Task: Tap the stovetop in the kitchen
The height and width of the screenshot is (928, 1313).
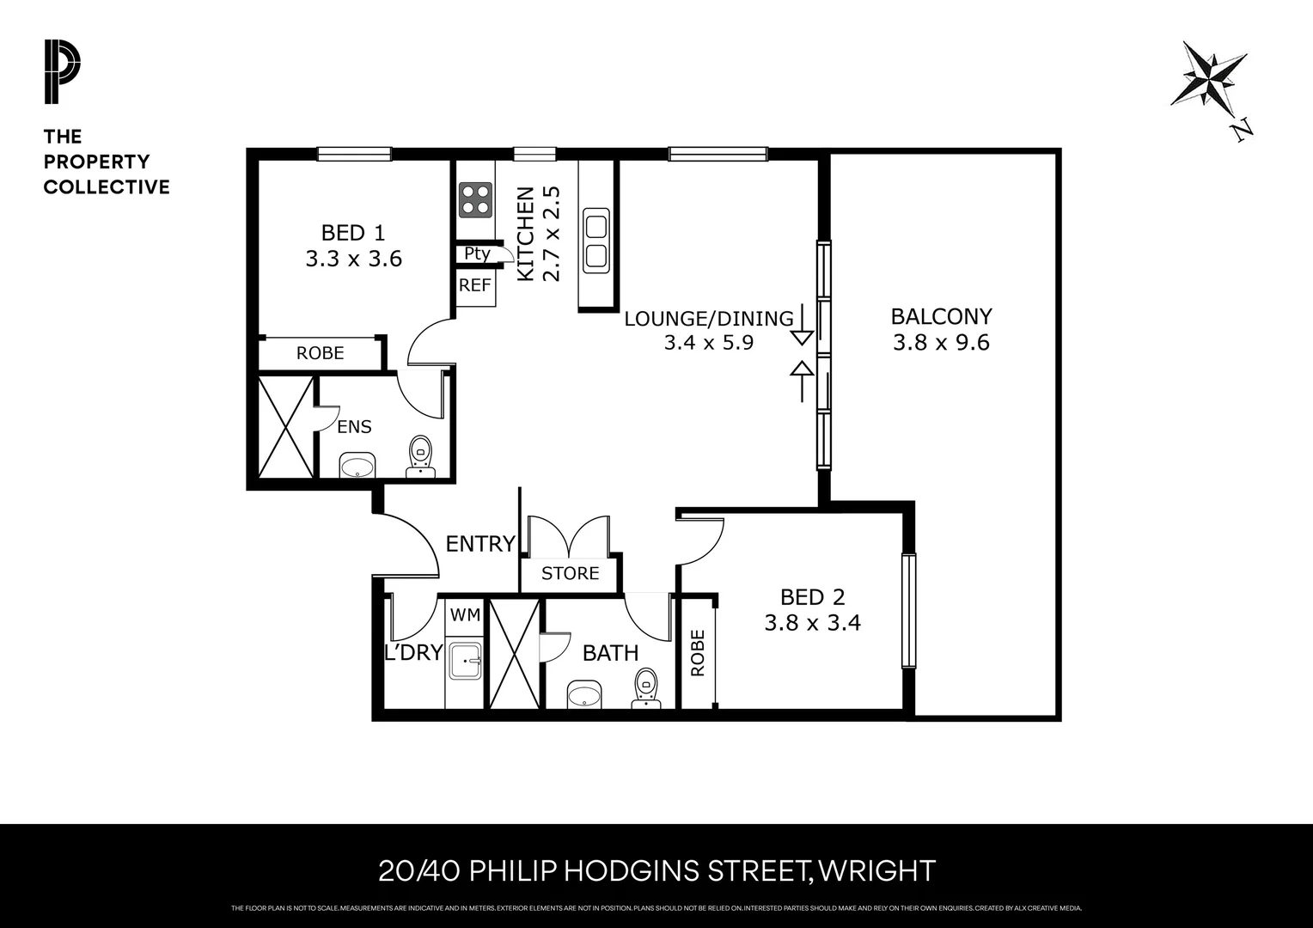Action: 475,199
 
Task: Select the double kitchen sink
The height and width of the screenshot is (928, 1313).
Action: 595,239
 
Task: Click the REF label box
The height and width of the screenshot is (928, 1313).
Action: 475,285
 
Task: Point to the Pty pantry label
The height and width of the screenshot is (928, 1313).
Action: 477,253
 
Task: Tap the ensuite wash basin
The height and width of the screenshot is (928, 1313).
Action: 357,467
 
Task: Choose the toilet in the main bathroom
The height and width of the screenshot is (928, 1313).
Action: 646,689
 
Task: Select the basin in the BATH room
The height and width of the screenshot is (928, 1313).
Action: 585,693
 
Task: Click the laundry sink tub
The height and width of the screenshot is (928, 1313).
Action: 465,662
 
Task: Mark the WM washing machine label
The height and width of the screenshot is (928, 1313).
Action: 465,614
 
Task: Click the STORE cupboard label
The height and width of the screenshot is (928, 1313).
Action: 570,573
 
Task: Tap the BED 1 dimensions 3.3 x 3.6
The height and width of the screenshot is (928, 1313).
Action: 353,259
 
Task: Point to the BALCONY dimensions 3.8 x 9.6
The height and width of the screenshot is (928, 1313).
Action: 941,343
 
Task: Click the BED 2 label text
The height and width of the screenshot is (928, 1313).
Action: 812,596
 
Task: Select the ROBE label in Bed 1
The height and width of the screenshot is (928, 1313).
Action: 320,353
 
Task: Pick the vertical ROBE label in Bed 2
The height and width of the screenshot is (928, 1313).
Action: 697,653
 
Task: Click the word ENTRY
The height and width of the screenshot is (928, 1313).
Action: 479,544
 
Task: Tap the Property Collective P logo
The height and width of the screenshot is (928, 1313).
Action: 62,72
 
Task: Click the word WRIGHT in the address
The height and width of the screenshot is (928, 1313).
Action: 876,871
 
